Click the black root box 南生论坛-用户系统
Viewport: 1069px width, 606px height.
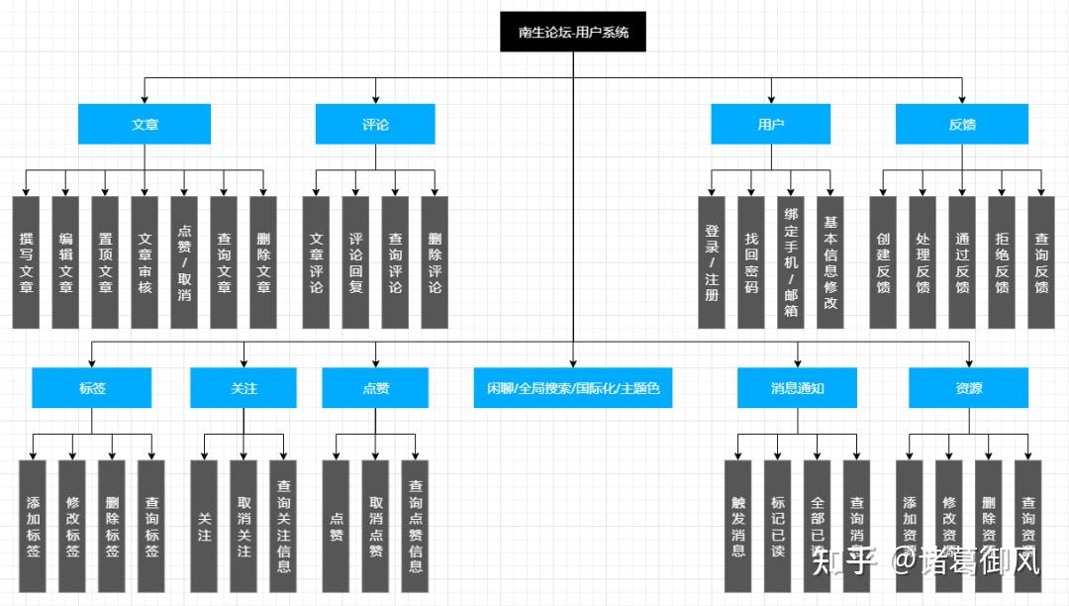(573, 33)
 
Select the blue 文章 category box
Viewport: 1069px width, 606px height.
(145, 125)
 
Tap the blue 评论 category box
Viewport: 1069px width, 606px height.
(375, 125)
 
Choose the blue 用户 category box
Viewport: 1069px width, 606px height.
(770, 125)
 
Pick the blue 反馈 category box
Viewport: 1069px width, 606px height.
(962, 125)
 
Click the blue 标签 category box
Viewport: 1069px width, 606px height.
(92, 388)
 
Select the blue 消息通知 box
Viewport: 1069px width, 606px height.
(797, 388)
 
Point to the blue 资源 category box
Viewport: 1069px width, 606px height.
(969, 388)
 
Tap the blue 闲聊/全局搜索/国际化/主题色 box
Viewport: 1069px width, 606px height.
(573, 388)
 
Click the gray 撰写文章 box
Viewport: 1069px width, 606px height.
(26, 262)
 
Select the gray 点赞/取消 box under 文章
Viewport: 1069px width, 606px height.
(184, 262)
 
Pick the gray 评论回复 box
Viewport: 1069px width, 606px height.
(355, 262)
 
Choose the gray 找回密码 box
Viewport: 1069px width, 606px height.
(751, 262)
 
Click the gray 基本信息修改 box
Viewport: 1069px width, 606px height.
(830, 262)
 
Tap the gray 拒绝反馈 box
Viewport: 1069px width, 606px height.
(1002, 262)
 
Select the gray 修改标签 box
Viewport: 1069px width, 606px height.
(72, 526)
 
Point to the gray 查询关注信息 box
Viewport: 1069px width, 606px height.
(283, 526)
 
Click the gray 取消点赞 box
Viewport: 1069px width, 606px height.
(375, 526)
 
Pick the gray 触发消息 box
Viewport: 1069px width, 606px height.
(738, 526)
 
